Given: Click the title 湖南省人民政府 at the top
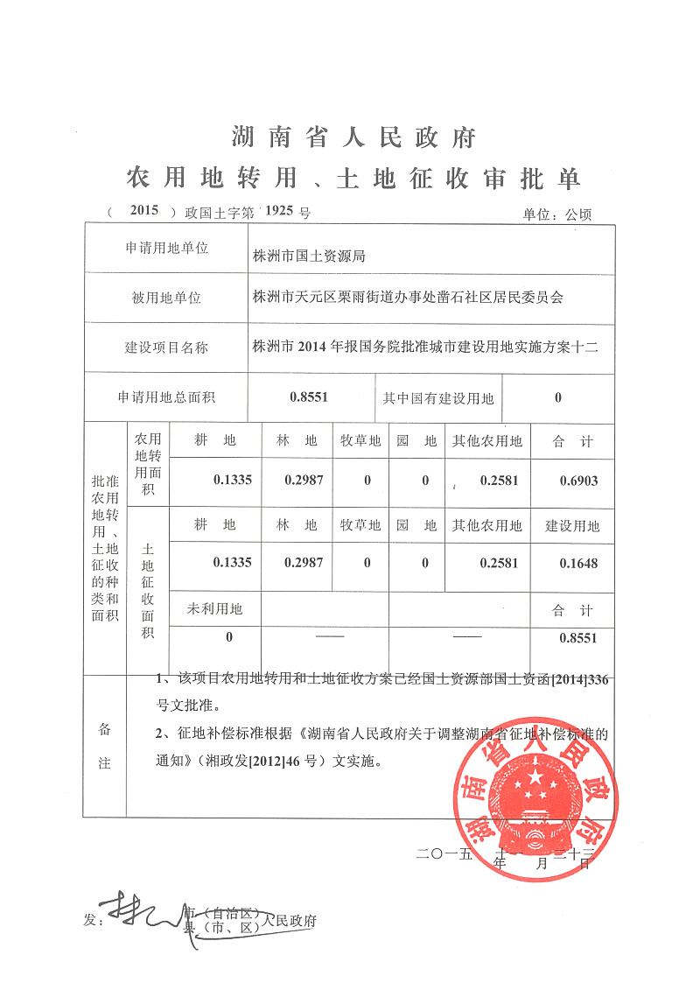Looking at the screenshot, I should point(354,137).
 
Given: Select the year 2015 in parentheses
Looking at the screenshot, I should point(143,211).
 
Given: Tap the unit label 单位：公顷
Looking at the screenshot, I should point(557,214).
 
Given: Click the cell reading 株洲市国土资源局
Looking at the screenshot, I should point(308,256).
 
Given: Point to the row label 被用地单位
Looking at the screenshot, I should point(166,298).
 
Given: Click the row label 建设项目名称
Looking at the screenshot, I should point(166,347).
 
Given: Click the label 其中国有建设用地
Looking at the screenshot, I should point(437,398).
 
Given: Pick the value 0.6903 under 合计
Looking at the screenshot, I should point(578,481).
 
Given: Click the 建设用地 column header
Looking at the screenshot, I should point(572,526).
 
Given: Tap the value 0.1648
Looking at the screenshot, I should point(578,563).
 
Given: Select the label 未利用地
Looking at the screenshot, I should point(214,608).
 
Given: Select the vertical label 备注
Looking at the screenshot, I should point(104,746).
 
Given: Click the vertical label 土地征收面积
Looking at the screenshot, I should point(148,591).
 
